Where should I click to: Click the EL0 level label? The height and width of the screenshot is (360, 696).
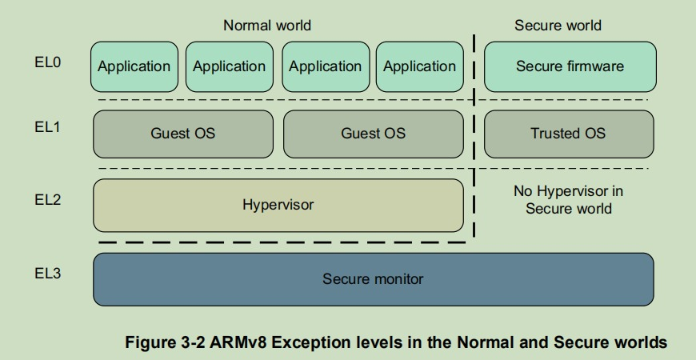coord(47,62)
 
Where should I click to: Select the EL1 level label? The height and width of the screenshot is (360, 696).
coord(47,127)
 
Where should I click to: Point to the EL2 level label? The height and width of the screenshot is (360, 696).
coord(47,200)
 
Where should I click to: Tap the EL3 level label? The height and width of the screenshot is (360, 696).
coord(47,274)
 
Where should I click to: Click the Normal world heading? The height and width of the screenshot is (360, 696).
coord(267,26)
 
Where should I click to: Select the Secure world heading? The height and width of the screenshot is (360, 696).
coord(558,26)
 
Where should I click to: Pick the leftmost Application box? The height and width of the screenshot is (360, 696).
coord(134,66)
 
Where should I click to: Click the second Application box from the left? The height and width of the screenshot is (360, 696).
coord(229,66)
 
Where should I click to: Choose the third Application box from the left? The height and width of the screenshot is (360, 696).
coord(325,66)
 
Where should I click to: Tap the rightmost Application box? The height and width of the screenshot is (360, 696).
coord(419,66)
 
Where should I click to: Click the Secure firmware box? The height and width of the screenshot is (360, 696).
coord(570,66)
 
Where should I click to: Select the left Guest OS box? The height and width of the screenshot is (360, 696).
coord(183,134)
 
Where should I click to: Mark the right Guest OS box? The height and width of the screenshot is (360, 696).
coord(373,134)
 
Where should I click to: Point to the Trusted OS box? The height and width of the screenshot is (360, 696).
coord(568,134)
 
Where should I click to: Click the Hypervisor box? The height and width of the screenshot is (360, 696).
coord(278,205)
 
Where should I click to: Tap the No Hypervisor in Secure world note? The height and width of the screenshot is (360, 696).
coord(568,200)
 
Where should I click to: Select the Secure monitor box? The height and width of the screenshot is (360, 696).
coord(373,279)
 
